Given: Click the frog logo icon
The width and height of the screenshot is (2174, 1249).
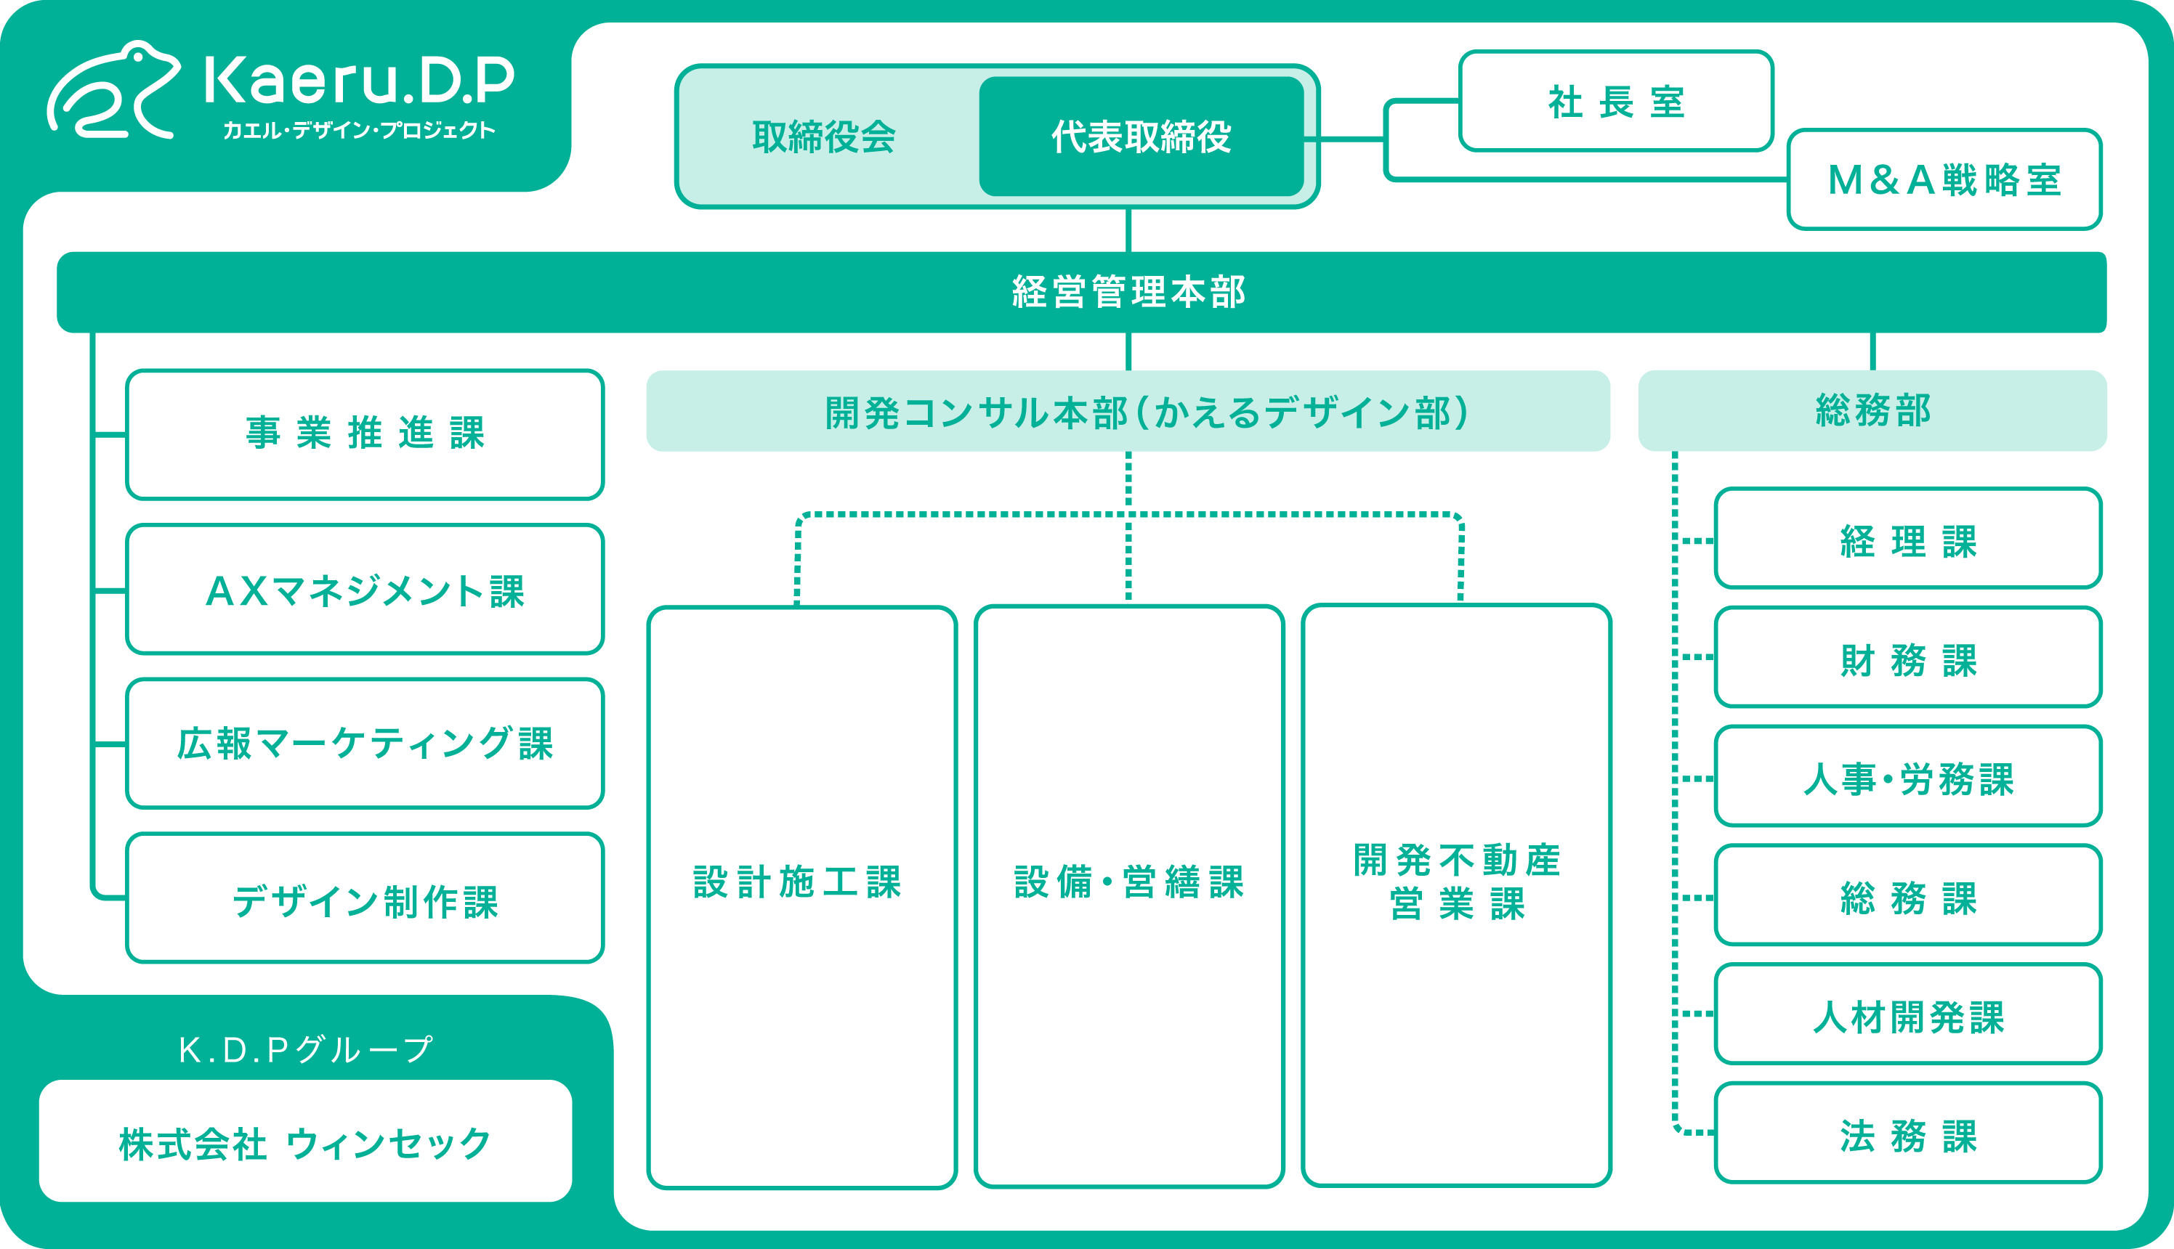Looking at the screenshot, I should (x=114, y=91).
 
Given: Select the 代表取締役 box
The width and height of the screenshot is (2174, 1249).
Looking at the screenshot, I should (x=1141, y=137).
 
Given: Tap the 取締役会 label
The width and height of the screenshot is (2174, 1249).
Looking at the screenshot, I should (x=824, y=137).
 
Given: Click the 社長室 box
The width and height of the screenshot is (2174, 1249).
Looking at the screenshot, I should (x=1615, y=101).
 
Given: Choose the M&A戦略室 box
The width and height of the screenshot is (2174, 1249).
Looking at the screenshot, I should (x=1944, y=179).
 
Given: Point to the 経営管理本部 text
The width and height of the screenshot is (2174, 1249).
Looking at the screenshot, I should (x=1128, y=292).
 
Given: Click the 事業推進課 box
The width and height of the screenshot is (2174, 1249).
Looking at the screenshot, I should (x=365, y=434).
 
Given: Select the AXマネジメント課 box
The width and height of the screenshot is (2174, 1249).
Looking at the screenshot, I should (x=365, y=590).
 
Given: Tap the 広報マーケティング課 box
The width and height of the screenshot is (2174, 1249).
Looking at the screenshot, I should (x=365, y=743).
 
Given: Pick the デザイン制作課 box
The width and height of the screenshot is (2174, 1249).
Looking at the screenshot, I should (x=365, y=898).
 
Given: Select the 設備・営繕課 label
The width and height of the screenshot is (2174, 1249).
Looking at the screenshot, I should (x=1128, y=882).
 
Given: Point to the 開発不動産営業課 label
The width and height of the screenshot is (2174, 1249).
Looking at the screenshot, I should (x=1457, y=882).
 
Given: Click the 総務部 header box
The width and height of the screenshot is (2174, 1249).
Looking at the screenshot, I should (x=1872, y=410).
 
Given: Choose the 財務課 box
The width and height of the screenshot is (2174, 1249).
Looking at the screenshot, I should (x=1908, y=658).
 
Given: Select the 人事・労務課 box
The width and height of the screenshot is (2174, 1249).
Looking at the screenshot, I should (x=1908, y=777).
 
